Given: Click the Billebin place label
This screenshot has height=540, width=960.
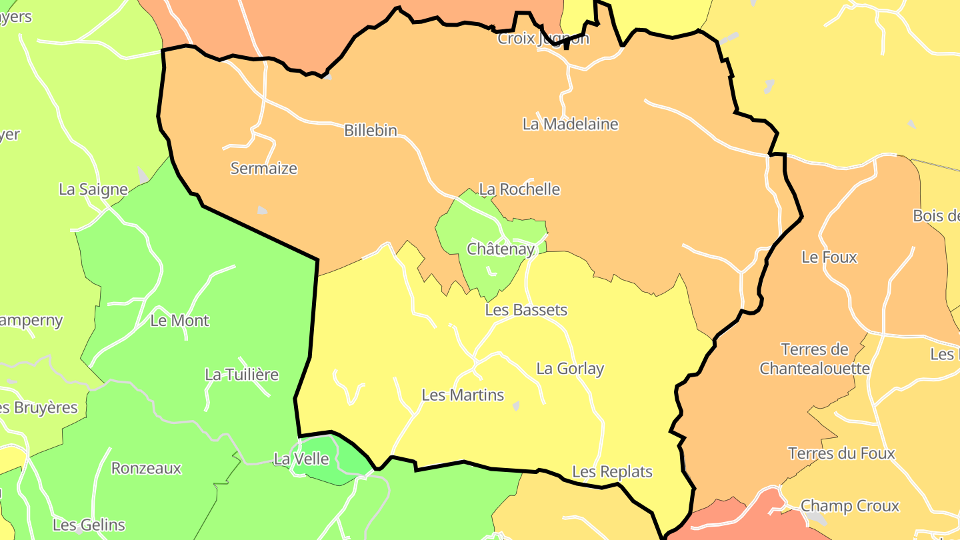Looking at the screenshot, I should pyautogui.click(x=370, y=131).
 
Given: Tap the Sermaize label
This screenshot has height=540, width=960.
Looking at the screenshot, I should pyautogui.click(x=264, y=169).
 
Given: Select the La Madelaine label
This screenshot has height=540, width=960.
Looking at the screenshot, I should pyautogui.click(x=570, y=124).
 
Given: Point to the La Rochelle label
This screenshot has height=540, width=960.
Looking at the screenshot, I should pyautogui.click(x=519, y=189).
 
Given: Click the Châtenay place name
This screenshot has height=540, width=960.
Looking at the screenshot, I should pyautogui.click(x=501, y=249).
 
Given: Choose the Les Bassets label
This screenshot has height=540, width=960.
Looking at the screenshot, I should pyautogui.click(x=526, y=310).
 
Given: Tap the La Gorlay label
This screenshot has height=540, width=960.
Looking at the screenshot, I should pyautogui.click(x=570, y=369).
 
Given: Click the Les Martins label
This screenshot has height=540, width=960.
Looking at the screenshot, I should pyautogui.click(x=463, y=395).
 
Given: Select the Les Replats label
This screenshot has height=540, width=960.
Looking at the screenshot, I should pyautogui.click(x=612, y=472).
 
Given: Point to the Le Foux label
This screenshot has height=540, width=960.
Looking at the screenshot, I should pyautogui.click(x=829, y=257).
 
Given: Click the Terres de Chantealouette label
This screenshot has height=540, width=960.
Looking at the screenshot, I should pyautogui.click(x=815, y=359).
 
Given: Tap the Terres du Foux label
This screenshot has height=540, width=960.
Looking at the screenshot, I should pyautogui.click(x=841, y=454).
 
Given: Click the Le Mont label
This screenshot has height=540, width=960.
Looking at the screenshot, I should pyautogui.click(x=179, y=321).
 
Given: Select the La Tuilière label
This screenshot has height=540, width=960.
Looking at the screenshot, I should pyautogui.click(x=241, y=375).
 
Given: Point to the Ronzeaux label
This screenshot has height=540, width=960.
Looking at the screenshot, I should pyautogui.click(x=146, y=469).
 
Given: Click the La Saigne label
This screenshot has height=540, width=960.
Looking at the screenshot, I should pyautogui.click(x=93, y=189).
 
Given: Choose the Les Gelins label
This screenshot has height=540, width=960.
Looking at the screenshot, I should pyautogui.click(x=89, y=525).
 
